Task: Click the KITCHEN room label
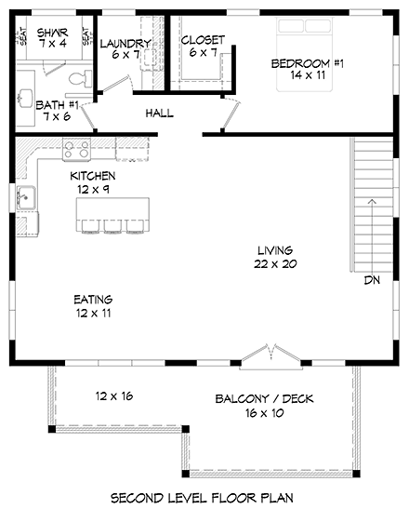pyautogui.click(x=93, y=176)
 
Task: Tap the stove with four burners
pyautogui.click(x=75, y=147)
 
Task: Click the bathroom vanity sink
pyautogui.click(x=25, y=94)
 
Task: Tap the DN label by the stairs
pyautogui.click(x=371, y=279)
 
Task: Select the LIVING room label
pyautogui.click(x=276, y=250)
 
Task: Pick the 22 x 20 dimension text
pyautogui.click(x=276, y=264)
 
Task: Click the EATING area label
pyautogui.click(x=93, y=300)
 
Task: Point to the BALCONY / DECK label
pyautogui.click(x=264, y=399)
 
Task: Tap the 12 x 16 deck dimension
pyautogui.click(x=113, y=395)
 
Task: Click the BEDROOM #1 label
pyautogui.click(x=308, y=63)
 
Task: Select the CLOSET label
pyautogui.click(x=202, y=39)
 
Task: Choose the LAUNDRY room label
pyautogui.click(x=125, y=43)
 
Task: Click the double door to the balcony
pyautogui.click(x=264, y=355)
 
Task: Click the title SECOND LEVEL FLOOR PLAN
pyautogui.click(x=204, y=498)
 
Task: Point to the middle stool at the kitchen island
pyautogui.click(x=112, y=225)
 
